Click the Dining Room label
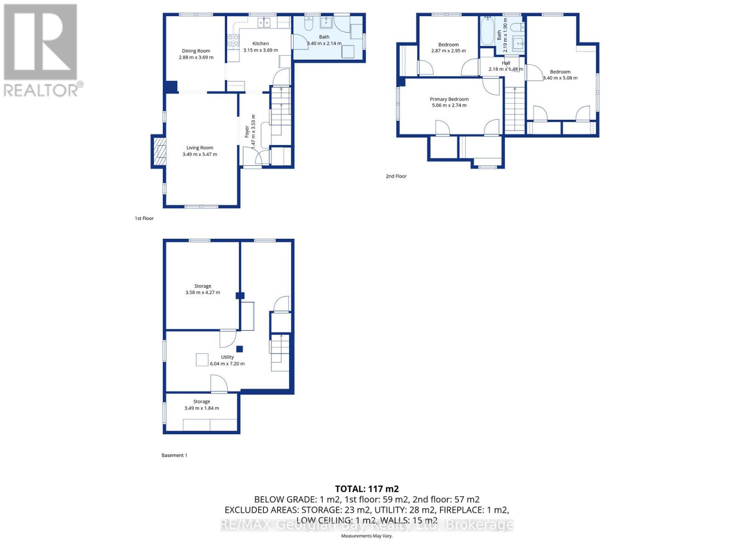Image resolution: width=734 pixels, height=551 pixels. coord(196,51)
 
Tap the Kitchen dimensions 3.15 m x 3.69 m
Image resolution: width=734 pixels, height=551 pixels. coord(260,50)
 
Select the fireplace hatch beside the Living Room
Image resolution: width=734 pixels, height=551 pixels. coord(159,151)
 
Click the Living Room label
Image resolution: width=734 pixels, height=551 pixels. coord(200,148)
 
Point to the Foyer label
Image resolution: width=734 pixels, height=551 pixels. coord(247,131)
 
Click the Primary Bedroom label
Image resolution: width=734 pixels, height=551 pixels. coord(449,99)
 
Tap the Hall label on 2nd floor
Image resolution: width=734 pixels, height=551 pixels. coord(506,63)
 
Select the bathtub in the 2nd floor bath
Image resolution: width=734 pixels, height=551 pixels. coord(487,30)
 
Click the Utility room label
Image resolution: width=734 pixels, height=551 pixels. coord(227,357)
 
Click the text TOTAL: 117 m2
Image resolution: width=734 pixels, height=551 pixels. coord(367,489)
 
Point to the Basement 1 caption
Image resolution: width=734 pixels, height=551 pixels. coord(174,455)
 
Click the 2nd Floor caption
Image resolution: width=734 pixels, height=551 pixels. coord(396,176)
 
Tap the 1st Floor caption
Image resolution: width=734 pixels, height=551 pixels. coord(144,219)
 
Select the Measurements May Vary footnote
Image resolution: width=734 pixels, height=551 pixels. coord(367,536)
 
